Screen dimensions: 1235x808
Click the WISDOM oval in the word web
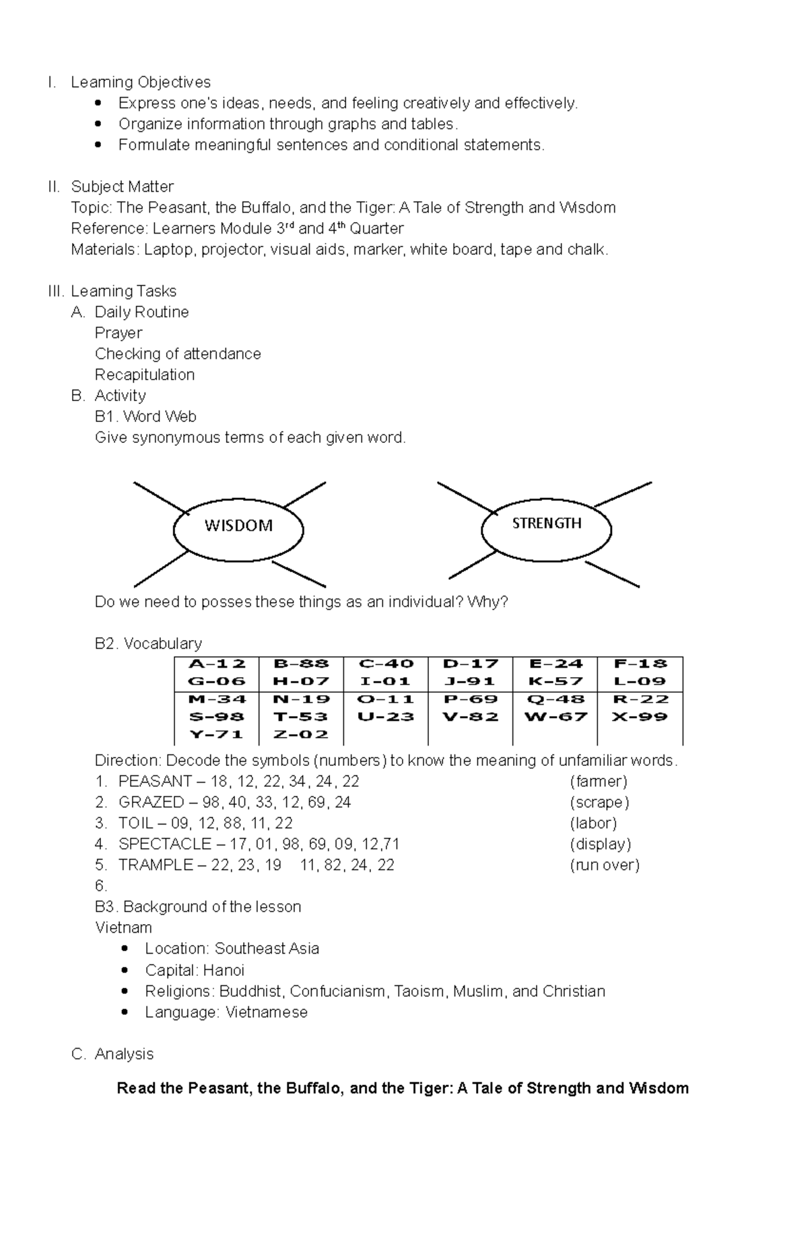pyautogui.click(x=238, y=530)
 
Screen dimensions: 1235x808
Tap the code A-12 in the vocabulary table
pyautogui.click(x=216, y=664)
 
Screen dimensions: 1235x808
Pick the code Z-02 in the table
pyautogui.click(x=301, y=734)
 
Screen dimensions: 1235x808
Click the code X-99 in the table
pyautogui.click(x=640, y=717)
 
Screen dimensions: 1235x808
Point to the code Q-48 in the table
pyautogui.click(x=555, y=699)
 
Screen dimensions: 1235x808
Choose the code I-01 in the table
pyautogui.click(x=385, y=681)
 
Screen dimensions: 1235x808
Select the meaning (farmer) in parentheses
pyautogui.click(x=598, y=781)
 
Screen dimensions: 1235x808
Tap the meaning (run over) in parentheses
pyautogui.click(x=604, y=865)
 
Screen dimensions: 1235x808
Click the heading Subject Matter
pyautogui.click(x=122, y=186)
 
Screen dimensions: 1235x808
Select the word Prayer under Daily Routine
pyautogui.click(x=119, y=333)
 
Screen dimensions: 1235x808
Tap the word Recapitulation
pyautogui.click(x=145, y=375)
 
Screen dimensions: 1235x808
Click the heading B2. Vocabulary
pyautogui.click(x=148, y=643)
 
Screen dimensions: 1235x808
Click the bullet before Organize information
pyautogui.click(x=98, y=125)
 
